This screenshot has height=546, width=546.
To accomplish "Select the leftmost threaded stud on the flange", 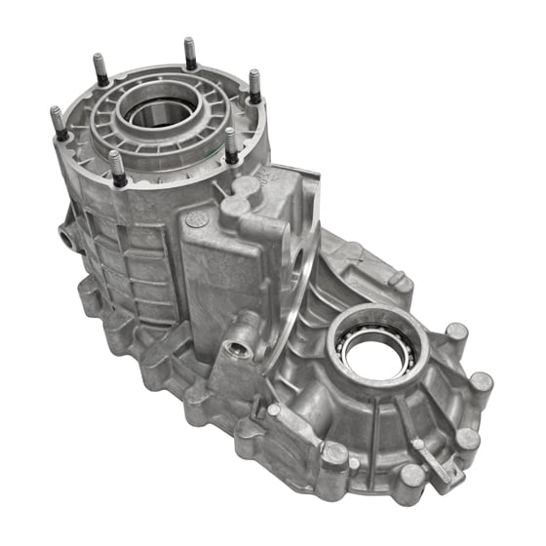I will pos(57,123).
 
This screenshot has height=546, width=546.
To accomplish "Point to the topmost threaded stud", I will pos(189,54).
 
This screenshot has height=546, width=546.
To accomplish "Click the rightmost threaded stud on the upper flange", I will pos(254,86).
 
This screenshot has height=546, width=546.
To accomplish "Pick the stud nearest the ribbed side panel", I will pos(117,167).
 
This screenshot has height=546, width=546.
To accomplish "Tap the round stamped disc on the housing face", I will pos(195,219).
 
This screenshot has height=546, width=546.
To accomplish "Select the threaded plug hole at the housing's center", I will pos(238,348).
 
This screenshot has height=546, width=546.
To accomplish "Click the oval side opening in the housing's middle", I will pos(297,261).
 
